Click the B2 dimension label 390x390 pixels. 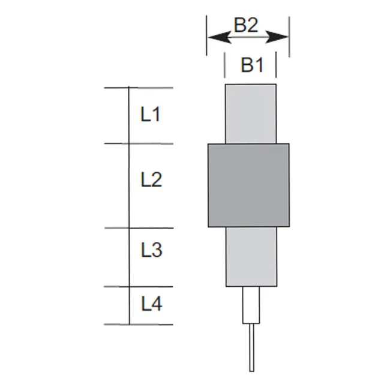tap(246, 25)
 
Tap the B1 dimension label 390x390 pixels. tap(252, 65)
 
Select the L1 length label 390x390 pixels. tap(150, 114)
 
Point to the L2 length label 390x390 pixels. tap(151, 179)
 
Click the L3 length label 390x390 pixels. tap(151, 250)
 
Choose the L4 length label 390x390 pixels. tap(152, 304)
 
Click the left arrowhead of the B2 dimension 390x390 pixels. tap(220, 38)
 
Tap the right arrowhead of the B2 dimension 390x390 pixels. tap(277, 37)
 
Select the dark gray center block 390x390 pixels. tap(249, 185)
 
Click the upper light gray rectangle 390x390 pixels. tap(251, 114)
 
